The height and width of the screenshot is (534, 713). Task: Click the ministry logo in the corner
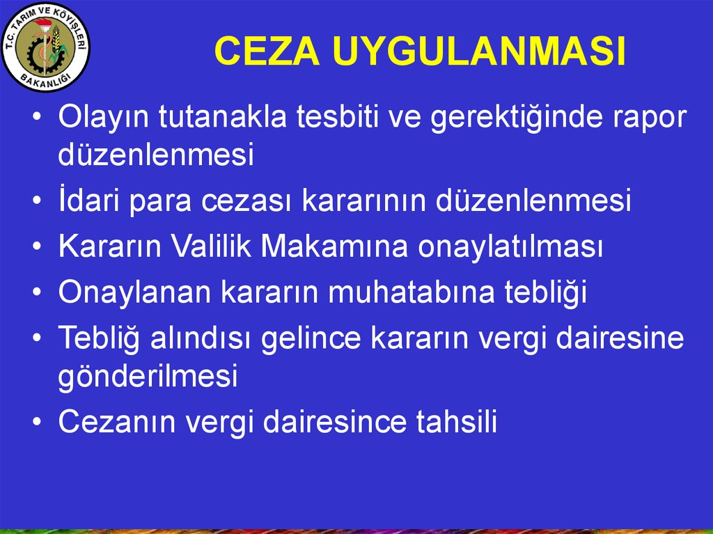tap(46, 50)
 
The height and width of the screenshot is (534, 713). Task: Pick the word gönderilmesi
tap(148, 377)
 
